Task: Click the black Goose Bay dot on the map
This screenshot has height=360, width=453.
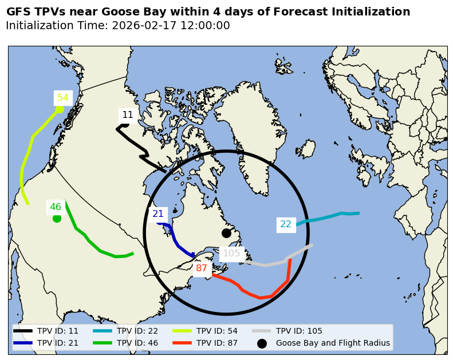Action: (226, 233)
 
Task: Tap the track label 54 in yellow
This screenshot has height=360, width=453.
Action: (63, 98)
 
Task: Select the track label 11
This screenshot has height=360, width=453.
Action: (128, 115)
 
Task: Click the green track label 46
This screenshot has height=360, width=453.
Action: (55, 207)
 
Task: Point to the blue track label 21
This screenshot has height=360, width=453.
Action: (158, 214)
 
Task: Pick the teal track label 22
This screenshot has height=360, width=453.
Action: (286, 224)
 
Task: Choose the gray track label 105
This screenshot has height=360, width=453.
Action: (231, 254)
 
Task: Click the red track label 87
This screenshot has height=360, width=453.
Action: (202, 268)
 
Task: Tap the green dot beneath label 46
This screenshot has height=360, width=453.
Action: (57, 218)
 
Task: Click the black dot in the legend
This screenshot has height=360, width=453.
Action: (262, 343)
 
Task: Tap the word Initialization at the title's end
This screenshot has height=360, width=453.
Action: (374, 12)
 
